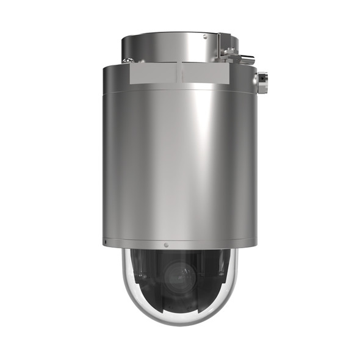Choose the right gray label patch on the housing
[203, 75]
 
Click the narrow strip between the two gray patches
[178, 75]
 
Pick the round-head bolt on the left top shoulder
[128, 60]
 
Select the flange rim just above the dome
[177, 243]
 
